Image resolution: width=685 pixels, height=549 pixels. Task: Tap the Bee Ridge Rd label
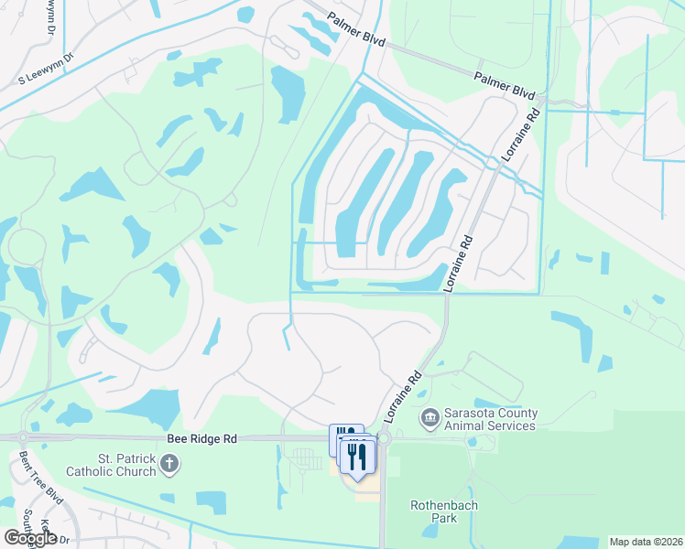(x=202, y=439)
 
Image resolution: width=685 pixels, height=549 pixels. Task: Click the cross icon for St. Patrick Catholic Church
(x=168, y=465)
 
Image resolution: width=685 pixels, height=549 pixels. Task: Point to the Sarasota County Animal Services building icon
(x=429, y=419)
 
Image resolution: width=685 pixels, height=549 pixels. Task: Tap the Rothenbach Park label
(x=444, y=511)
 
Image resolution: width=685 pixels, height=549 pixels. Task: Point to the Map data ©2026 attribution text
(x=646, y=542)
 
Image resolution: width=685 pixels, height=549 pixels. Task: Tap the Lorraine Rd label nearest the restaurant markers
(x=400, y=397)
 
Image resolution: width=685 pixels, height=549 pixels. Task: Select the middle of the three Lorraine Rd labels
(x=460, y=264)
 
